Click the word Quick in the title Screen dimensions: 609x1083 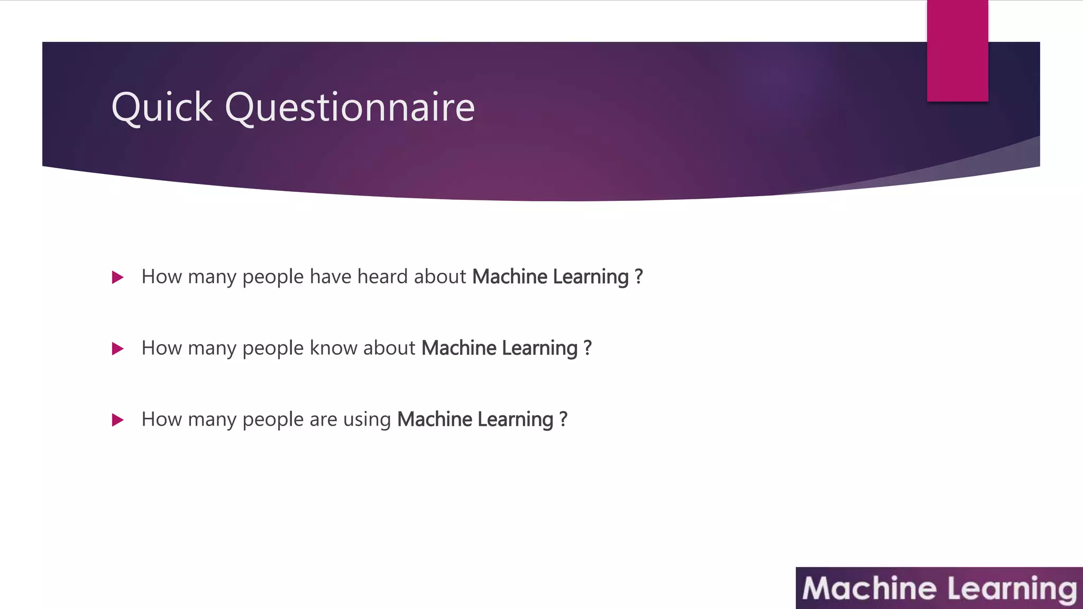coord(162,107)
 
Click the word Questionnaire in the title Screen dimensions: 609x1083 coord(350,107)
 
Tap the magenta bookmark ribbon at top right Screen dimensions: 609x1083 coord(957,51)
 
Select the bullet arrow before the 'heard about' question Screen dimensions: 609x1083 coord(118,278)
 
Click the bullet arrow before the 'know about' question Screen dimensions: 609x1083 coord(118,349)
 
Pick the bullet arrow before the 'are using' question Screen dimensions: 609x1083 coord(118,420)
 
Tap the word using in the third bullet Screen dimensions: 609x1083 coord(367,419)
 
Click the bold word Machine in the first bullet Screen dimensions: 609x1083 coord(509,276)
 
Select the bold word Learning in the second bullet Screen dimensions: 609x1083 coord(539,348)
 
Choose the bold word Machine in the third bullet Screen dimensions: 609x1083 coord(434,419)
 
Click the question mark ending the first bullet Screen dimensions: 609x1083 coord(639,276)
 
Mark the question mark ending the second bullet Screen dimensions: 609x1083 coord(588,348)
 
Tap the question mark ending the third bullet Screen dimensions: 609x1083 coord(563,419)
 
